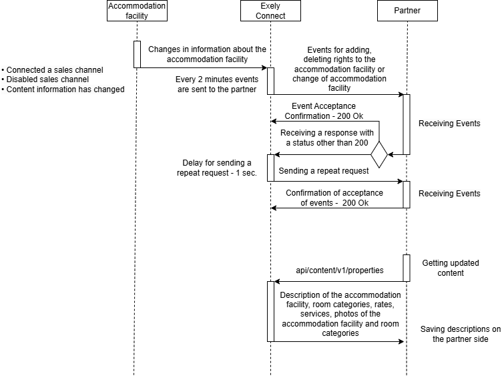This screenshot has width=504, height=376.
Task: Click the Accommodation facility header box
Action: [137, 11]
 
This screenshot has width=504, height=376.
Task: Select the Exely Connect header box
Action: [270, 11]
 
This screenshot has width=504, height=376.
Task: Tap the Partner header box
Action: [407, 11]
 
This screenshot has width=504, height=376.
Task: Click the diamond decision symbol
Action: [379, 155]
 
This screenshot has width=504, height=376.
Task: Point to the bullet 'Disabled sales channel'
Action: [45, 79]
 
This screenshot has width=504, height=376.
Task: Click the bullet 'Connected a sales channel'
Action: [52, 70]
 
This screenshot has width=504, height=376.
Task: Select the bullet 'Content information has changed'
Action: [63, 89]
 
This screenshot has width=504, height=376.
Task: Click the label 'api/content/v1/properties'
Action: [340, 270]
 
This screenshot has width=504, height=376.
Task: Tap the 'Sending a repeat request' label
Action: [324, 171]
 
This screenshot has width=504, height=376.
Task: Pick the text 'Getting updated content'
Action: [451, 268]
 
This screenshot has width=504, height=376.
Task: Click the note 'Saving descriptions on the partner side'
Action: [461, 334]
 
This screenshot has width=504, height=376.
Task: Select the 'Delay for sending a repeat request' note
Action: [217, 168]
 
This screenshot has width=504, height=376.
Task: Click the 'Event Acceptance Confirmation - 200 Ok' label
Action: [324, 111]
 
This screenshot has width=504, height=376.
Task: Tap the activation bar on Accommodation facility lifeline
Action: [138, 54]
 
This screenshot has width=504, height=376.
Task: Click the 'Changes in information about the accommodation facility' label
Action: [208, 54]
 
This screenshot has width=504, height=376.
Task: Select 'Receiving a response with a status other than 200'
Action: [327, 138]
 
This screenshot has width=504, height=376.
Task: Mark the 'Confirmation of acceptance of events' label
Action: [334, 198]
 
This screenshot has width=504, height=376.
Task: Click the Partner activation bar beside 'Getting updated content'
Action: [407, 268]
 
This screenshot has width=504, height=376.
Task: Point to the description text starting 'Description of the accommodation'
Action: [340, 314]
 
